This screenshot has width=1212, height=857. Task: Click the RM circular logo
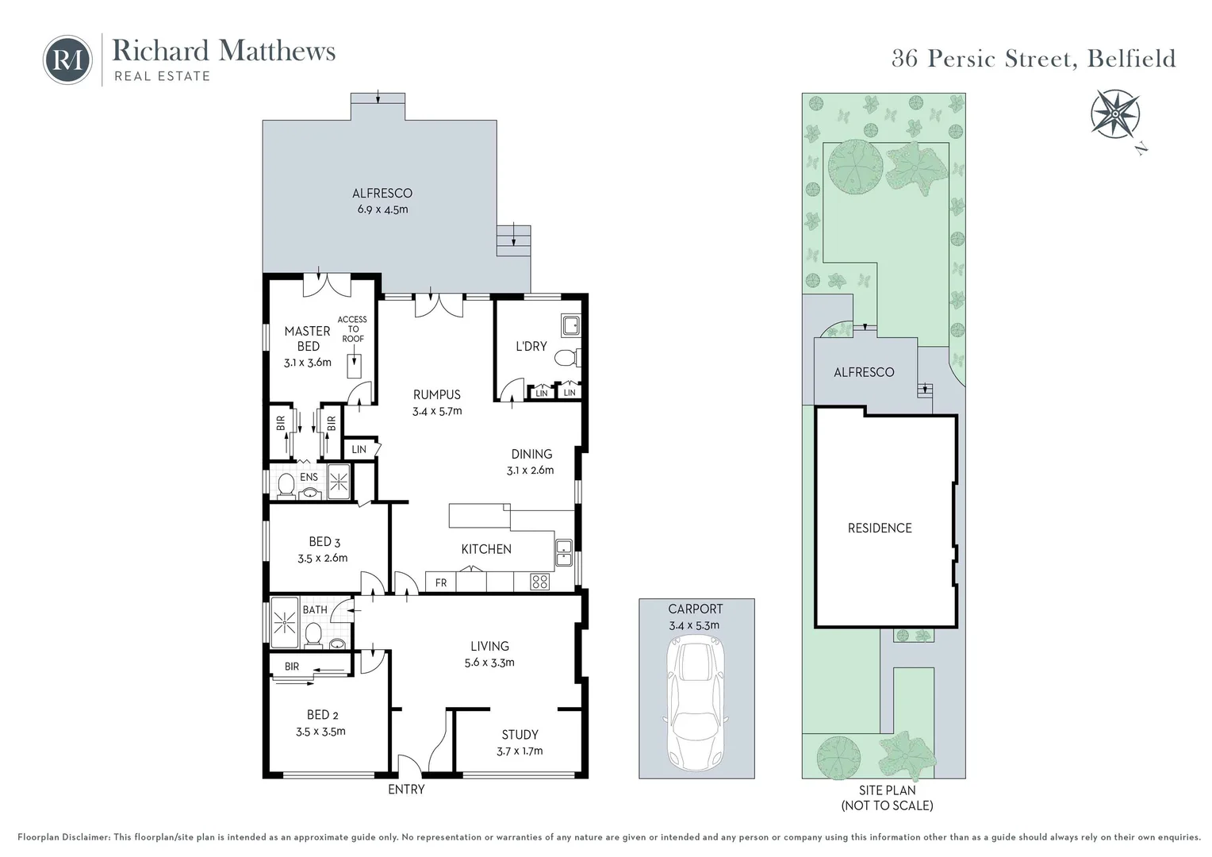click(67, 60)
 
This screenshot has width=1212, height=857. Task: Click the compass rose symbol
click(1114, 113)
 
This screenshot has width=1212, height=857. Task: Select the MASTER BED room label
click(308, 339)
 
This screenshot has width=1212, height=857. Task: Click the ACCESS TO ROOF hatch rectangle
click(354, 366)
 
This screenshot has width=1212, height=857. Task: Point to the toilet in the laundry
click(566, 359)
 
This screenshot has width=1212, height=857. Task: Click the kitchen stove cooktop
click(540, 582)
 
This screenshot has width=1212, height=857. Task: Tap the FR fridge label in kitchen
click(441, 582)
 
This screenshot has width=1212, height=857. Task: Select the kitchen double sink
click(564, 552)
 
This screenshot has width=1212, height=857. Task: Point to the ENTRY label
click(406, 790)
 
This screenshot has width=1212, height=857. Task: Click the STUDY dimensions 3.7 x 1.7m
click(520, 751)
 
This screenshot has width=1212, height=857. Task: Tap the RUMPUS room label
click(436, 394)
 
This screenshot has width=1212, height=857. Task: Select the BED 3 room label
click(324, 541)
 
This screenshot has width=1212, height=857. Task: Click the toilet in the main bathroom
click(314, 634)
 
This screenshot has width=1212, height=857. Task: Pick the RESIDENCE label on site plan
click(880, 528)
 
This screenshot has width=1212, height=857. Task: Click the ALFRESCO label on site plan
click(864, 372)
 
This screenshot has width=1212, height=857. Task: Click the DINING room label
click(531, 454)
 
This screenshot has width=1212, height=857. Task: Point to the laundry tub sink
click(570, 325)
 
